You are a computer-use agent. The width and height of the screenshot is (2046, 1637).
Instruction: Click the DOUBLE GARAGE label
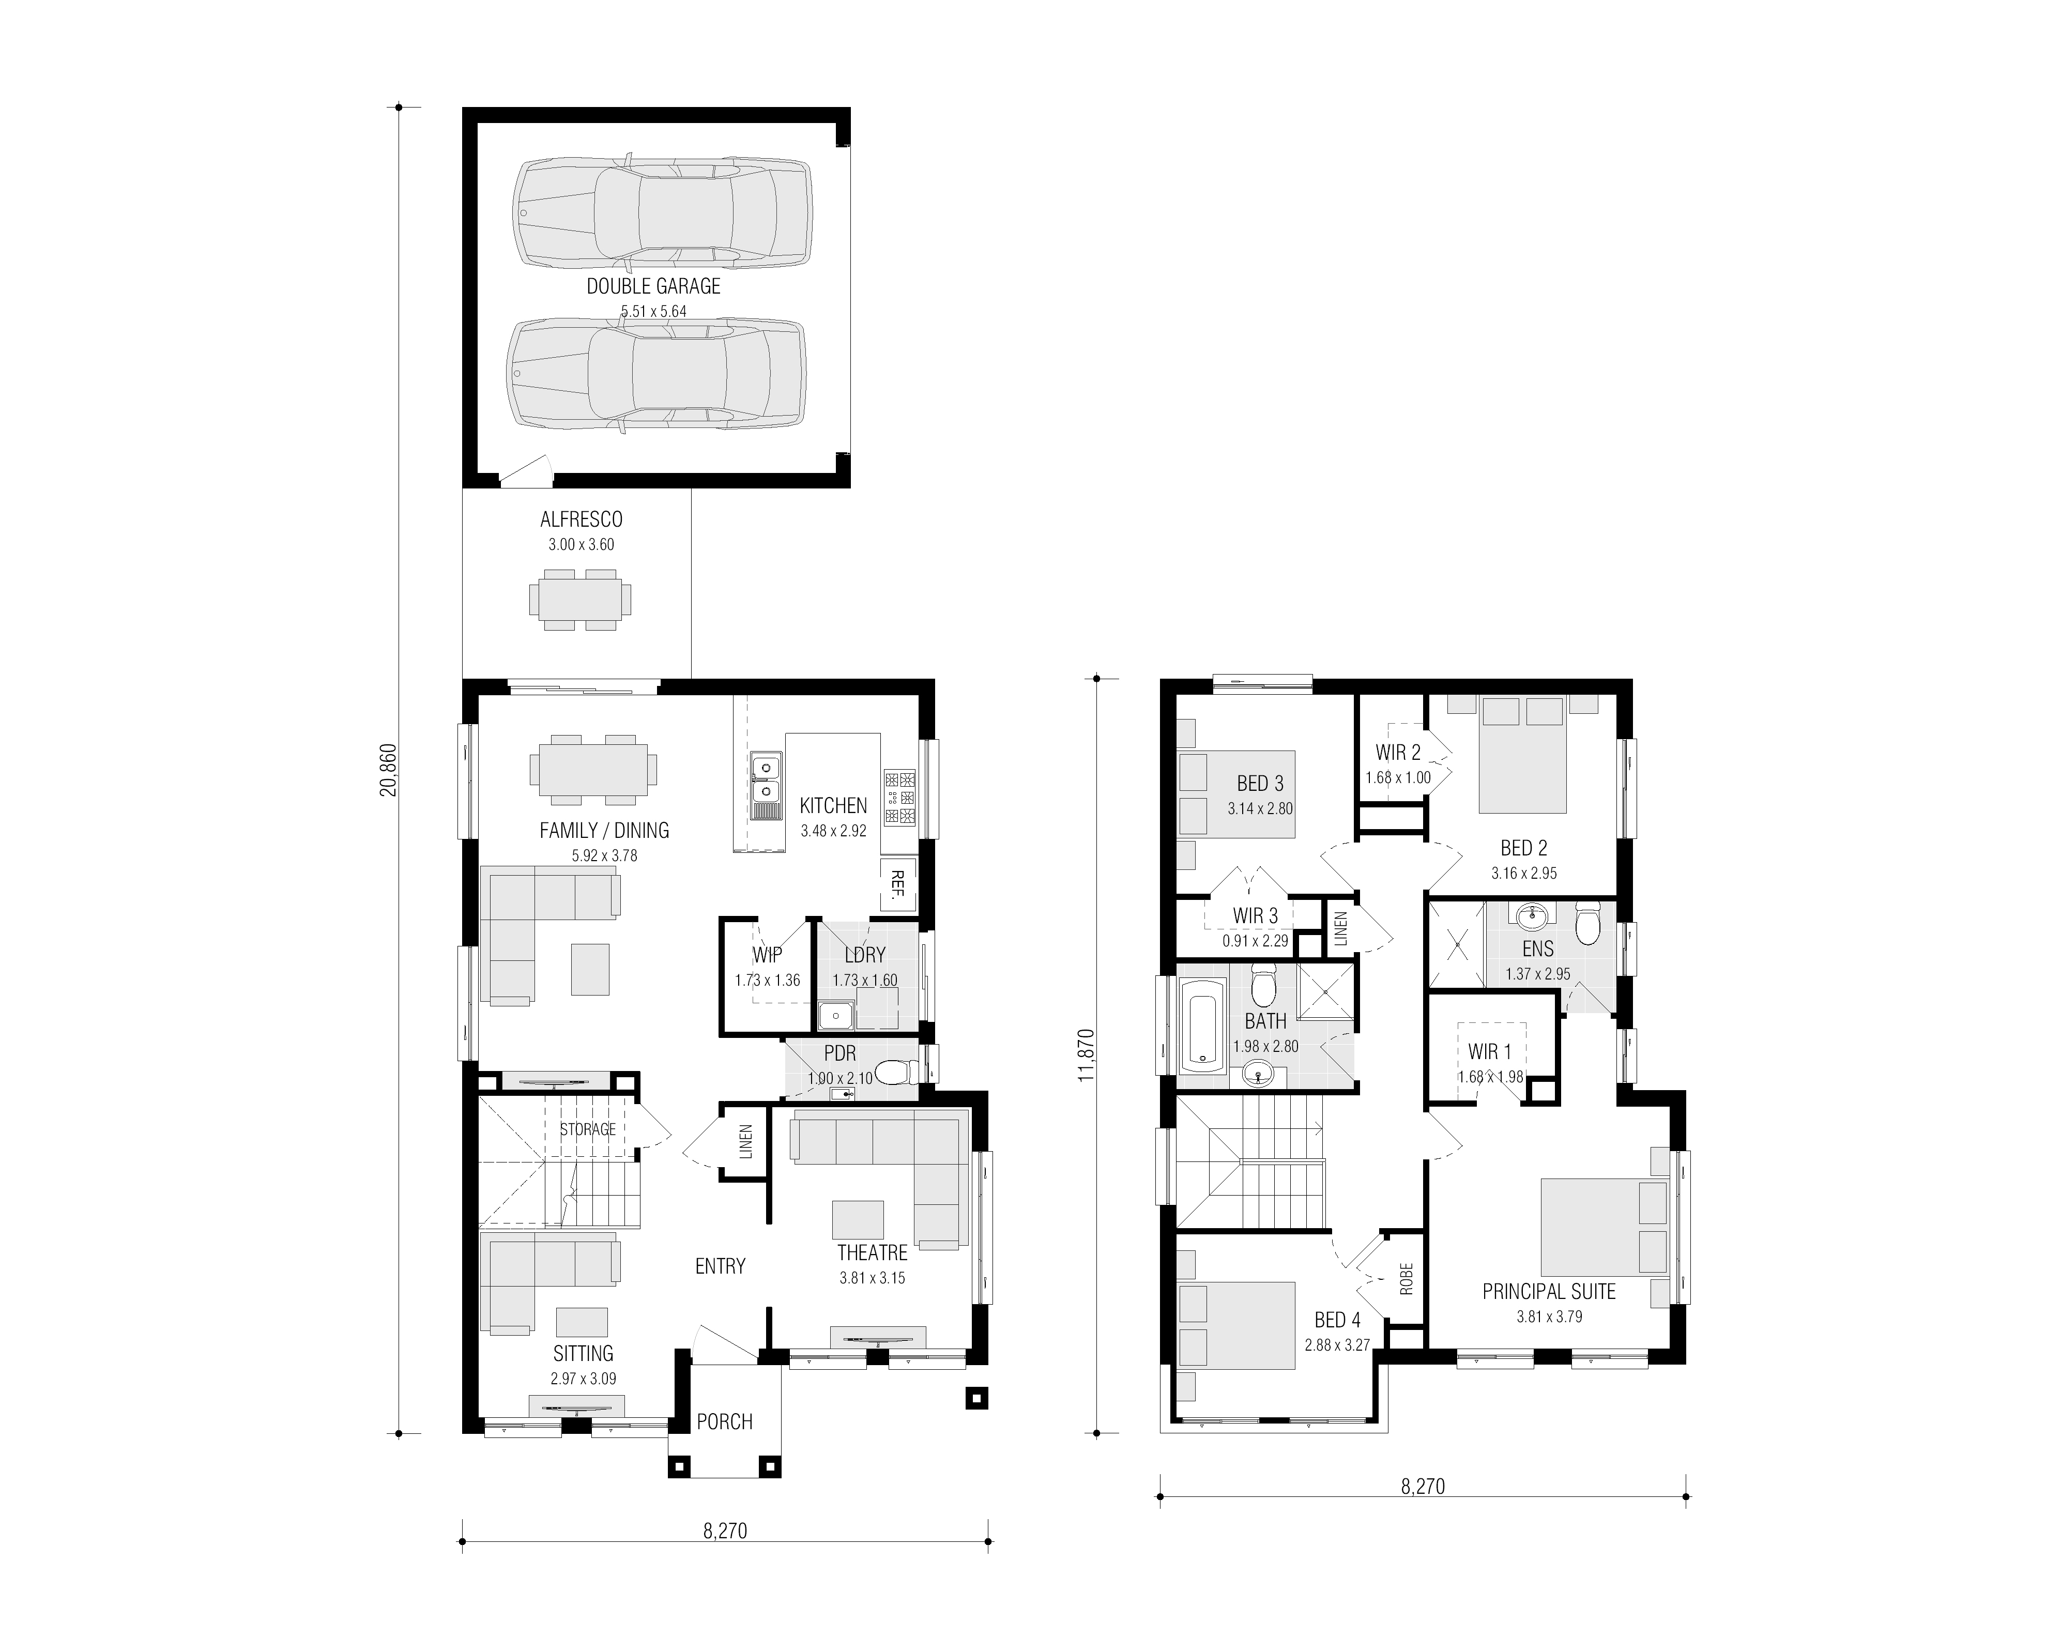point(653,286)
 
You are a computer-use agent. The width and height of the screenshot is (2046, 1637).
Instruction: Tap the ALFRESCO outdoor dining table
point(580,600)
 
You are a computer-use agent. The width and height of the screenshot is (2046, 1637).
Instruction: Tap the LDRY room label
point(864,955)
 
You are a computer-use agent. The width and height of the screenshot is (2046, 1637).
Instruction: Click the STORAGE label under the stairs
point(587,1129)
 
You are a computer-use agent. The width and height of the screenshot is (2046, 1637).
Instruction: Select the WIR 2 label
point(1398,753)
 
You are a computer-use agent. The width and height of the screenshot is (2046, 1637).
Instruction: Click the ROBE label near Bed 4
point(1407,1278)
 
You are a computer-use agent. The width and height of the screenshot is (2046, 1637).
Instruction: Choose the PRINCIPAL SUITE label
point(1549,1292)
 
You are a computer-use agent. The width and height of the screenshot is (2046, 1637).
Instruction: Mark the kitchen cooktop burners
point(899,796)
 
